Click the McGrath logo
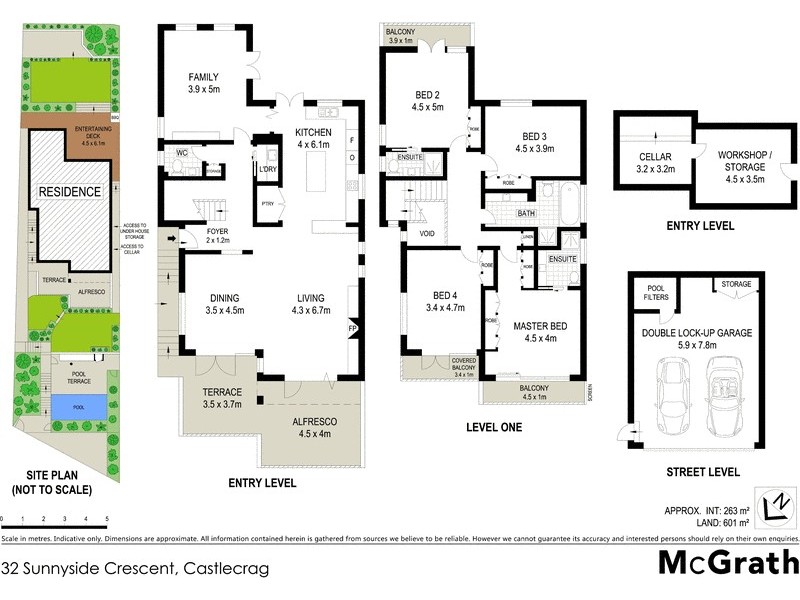pos(728,562)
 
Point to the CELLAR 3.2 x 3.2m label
pos(655,164)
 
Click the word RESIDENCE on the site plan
pos(69,191)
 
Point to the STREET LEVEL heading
pos(702,472)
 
